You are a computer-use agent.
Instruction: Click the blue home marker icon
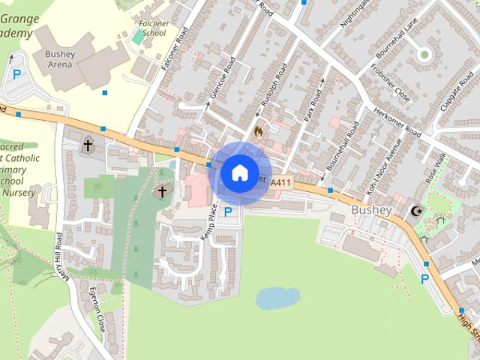[x=239, y=172]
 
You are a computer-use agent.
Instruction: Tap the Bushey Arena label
[x=59, y=59]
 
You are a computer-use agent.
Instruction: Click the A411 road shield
[x=280, y=181]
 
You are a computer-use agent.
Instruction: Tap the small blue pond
[x=277, y=298]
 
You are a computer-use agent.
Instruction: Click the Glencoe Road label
[x=223, y=77]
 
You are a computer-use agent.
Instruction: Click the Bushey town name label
[x=370, y=210]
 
